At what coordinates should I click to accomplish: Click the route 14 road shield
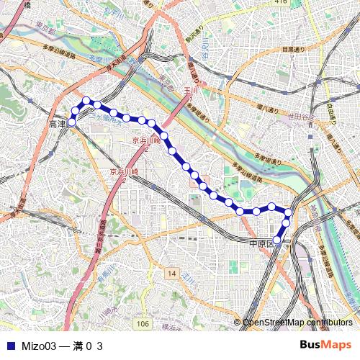[x=171, y=274]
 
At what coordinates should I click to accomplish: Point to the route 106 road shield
[x=143, y=325]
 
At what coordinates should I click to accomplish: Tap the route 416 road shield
[x=281, y=2]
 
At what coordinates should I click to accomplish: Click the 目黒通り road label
[x=292, y=50]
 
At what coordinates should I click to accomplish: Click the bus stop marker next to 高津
[x=71, y=123]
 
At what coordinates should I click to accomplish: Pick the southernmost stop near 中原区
[x=277, y=240]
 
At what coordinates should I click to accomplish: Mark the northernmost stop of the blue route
[x=86, y=101]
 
